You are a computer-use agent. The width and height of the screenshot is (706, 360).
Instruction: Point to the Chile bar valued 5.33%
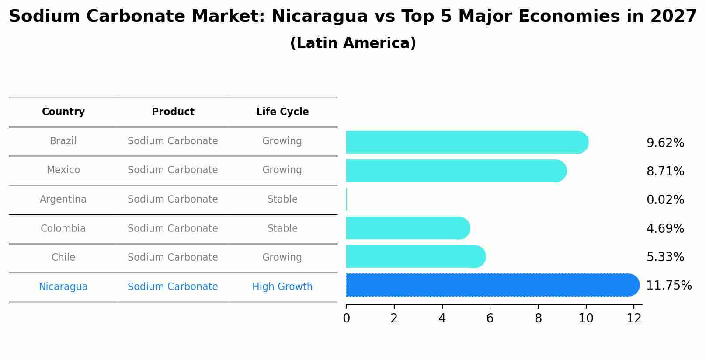point(415,256)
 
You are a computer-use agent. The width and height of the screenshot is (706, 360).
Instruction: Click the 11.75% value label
point(668,286)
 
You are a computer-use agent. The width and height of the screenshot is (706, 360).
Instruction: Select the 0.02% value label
point(665,200)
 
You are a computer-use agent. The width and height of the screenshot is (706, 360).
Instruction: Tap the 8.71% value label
point(665,171)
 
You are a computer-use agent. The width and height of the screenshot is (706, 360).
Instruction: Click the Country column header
point(63,112)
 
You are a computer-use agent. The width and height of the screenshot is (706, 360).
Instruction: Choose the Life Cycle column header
point(282,112)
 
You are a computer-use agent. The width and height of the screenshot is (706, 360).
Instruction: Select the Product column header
point(173,112)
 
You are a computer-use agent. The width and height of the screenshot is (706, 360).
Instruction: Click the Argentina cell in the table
point(63,199)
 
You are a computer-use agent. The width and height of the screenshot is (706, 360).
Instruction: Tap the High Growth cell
point(282,287)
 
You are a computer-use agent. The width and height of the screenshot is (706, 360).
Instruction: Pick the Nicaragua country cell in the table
point(63,287)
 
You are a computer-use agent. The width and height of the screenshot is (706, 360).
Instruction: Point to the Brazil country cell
point(63,141)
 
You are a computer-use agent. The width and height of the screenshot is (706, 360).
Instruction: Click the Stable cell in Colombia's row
point(282,229)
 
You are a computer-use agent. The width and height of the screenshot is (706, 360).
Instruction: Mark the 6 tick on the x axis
point(490,318)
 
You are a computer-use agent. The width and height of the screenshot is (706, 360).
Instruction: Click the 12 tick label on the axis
point(634,318)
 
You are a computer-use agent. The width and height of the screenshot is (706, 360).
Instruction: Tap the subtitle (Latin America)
point(353,43)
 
